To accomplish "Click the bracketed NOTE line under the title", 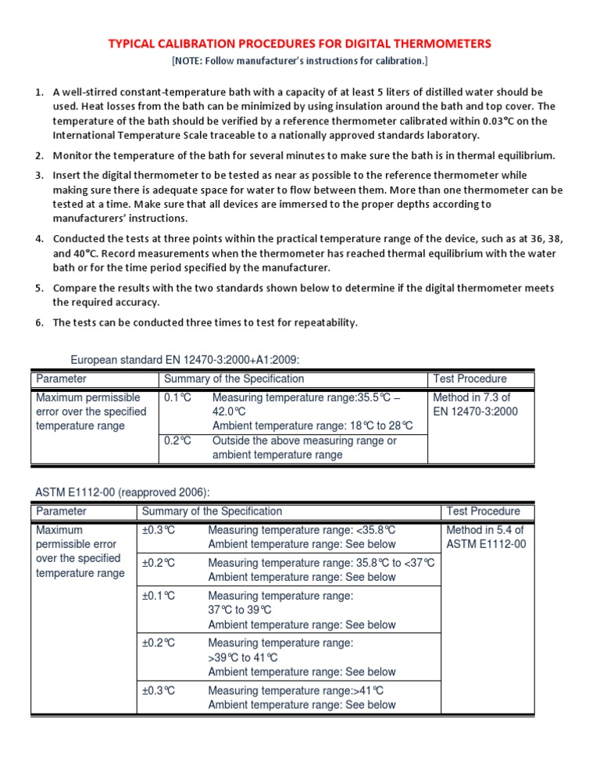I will [x=299, y=60].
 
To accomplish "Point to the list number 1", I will [x=38, y=93].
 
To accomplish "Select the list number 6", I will [x=38, y=323].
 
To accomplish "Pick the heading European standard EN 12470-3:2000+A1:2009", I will [x=185, y=359].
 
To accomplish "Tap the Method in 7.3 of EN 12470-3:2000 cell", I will [x=475, y=404].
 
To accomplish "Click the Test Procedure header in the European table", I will [x=470, y=379].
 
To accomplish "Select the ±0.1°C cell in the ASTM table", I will [x=159, y=596].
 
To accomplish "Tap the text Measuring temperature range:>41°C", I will [x=295, y=691].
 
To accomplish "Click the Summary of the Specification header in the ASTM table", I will [x=212, y=511].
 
